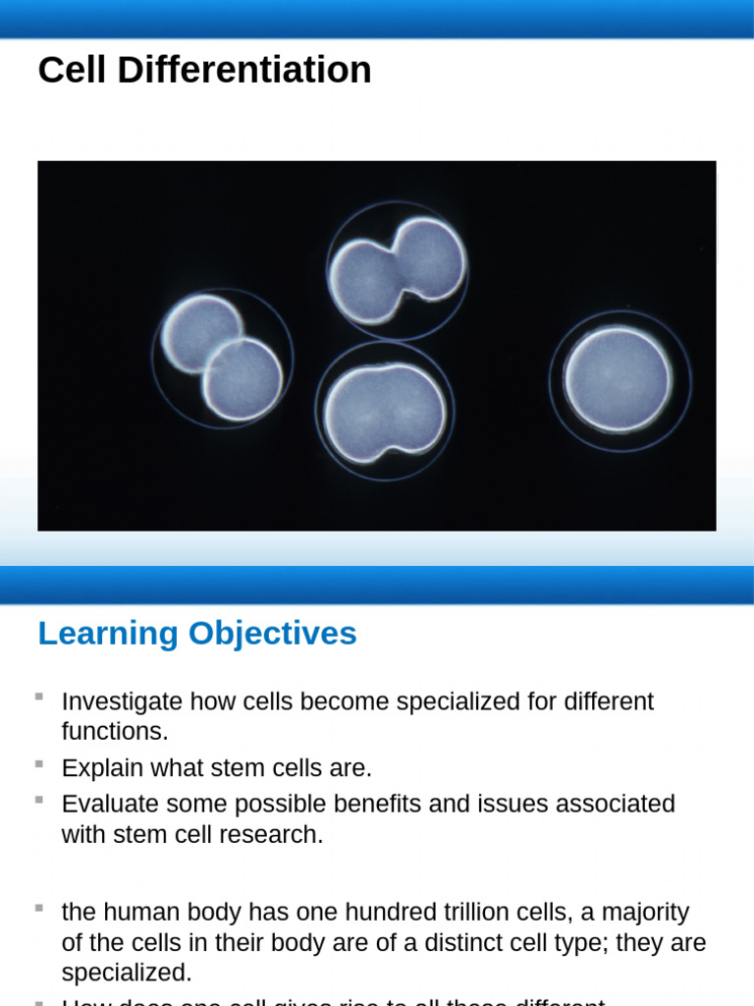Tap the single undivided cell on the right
click(619, 380)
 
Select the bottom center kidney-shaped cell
click(384, 413)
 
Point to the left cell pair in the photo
click(222, 358)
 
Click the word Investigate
click(122, 701)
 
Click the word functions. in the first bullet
click(115, 731)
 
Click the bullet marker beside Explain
click(39, 763)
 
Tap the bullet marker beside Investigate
click(39, 697)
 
